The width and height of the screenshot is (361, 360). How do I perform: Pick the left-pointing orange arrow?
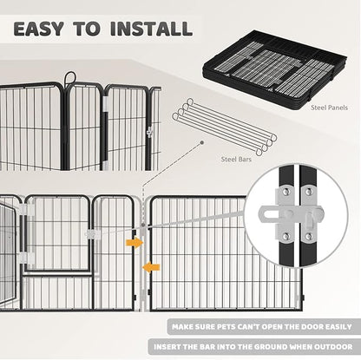point(149,266)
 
